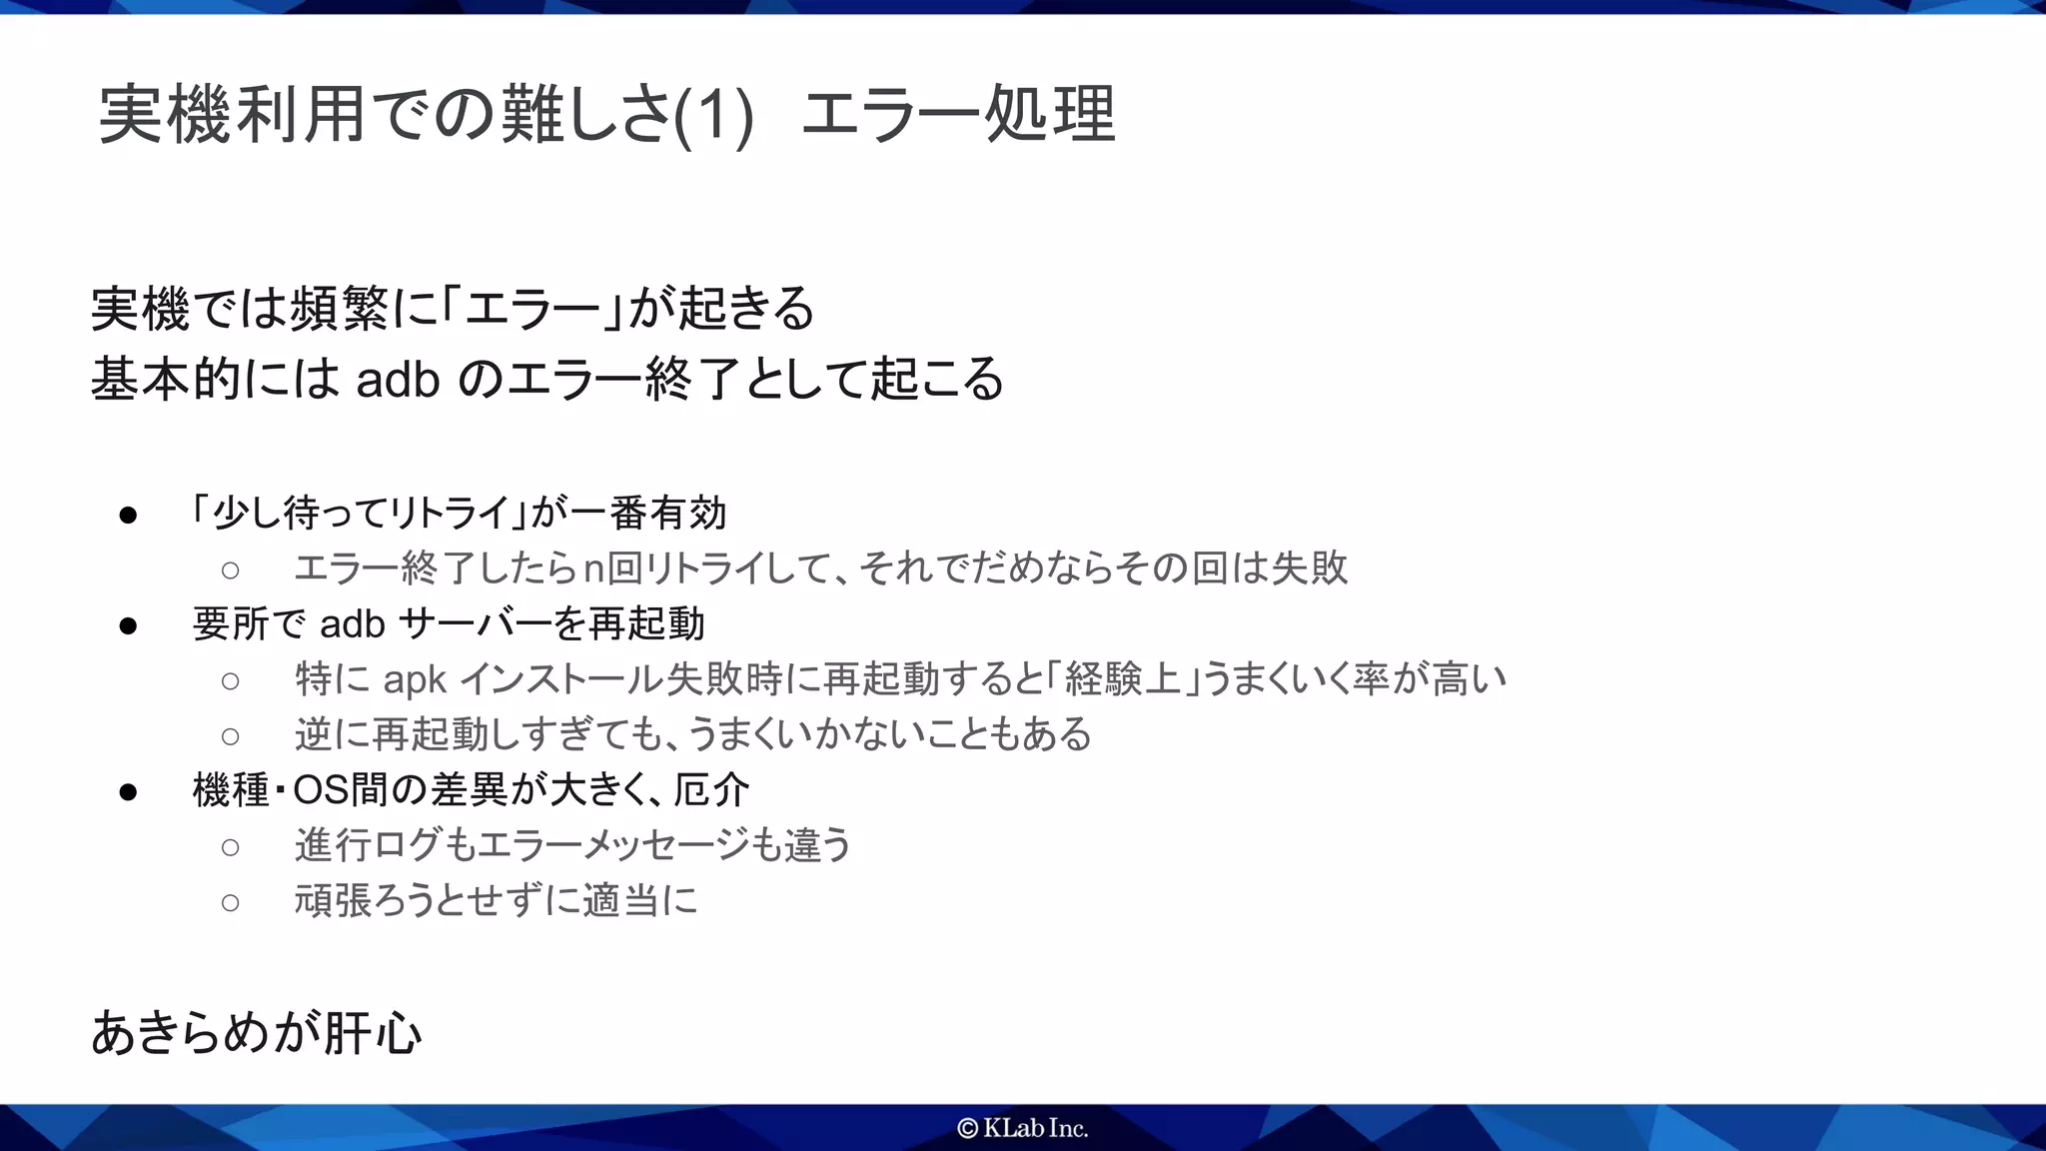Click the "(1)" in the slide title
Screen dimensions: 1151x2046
[713, 115]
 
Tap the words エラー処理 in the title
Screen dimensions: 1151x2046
[957, 115]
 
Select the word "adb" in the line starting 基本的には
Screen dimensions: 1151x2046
[398, 380]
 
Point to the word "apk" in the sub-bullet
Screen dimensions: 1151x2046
[415, 679]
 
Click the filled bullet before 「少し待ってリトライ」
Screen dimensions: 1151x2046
[128, 516]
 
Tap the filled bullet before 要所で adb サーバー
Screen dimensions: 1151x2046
[128, 626]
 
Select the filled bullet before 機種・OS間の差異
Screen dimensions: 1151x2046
[128, 792]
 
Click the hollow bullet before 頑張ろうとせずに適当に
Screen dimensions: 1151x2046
[231, 903]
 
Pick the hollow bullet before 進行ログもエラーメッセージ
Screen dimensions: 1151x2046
[231, 847]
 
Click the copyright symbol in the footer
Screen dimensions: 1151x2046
[967, 1128]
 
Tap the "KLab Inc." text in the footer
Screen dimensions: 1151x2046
[1035, 1128]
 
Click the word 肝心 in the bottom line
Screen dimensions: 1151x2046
[373, 1033]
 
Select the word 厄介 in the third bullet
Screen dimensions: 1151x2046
[711, 790]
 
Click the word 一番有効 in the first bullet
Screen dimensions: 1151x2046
[648, 514]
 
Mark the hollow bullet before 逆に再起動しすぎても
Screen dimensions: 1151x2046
[231, 737]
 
